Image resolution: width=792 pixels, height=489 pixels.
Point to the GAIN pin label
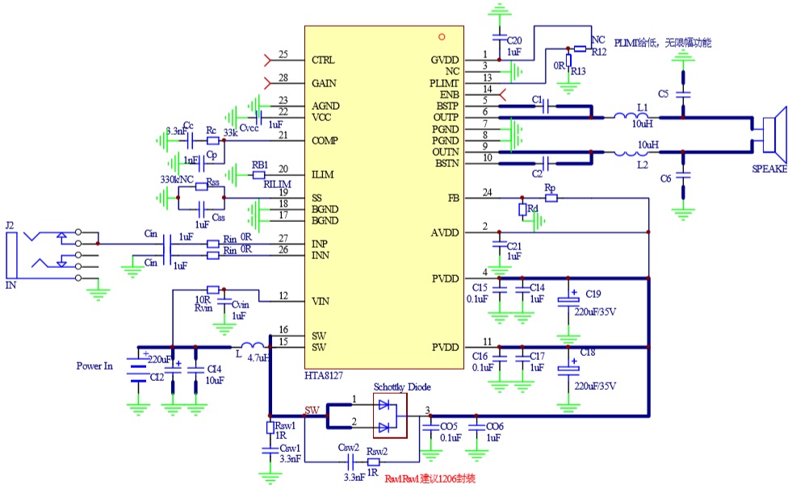coord(324,83)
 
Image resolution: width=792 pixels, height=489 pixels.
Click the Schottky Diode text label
coord(402,387)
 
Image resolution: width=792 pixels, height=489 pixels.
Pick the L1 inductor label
coord(643,107)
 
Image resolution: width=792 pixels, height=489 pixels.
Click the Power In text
coord(94,366)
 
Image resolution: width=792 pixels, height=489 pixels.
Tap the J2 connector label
coord(10,225)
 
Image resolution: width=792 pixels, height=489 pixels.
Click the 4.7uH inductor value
coord(258,357)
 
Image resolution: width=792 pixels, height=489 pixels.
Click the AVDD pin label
coord(445,233)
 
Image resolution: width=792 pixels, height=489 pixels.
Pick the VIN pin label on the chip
coord(320,302)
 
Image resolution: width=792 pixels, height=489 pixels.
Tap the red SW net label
coord(312,410)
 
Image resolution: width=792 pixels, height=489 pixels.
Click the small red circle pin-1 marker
coord(442,36)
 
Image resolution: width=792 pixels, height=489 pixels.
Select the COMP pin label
coord(325,140)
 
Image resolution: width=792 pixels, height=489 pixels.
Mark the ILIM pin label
coord(323,174)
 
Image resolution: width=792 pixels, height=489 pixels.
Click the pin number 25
coord(283,55)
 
